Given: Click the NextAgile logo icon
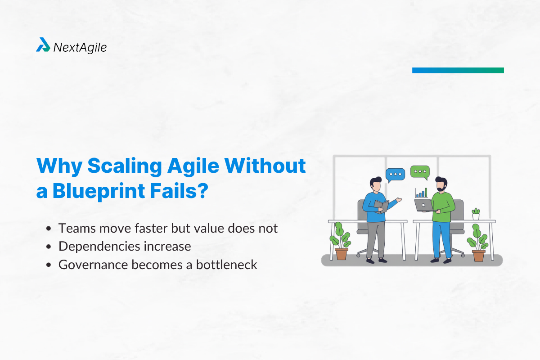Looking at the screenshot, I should point(43,45).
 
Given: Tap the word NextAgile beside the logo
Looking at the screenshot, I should point(80,47).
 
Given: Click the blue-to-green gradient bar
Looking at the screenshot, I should point(458,70).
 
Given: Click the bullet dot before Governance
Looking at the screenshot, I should point(49,265).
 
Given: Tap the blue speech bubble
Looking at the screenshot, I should point(396,174).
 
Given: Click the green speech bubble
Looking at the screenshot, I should point(420,171).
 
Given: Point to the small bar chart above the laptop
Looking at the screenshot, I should point(421,193).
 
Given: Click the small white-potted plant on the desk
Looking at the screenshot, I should point(476,214).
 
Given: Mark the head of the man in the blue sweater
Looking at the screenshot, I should point(376,184).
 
